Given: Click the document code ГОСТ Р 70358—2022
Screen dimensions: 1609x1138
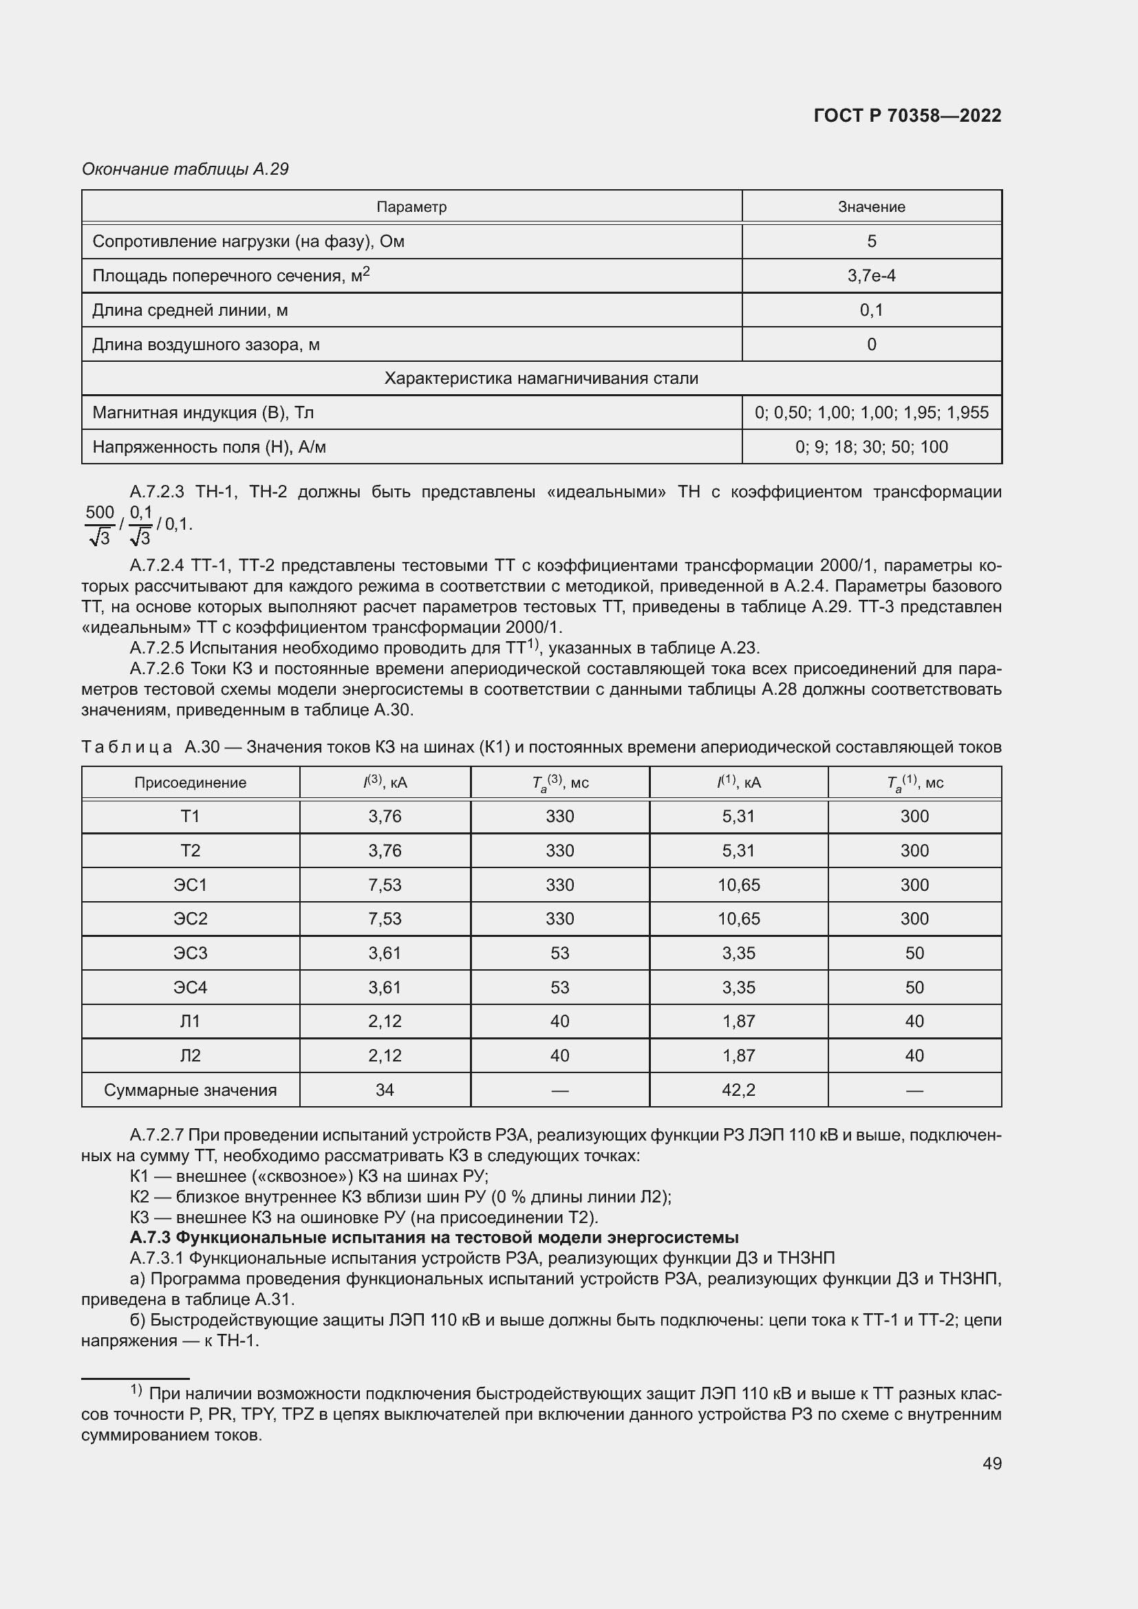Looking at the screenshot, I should pyautogui.click(x=907, y=116).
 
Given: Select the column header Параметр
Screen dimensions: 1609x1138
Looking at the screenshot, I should pyautogui.click(x=411, y=207).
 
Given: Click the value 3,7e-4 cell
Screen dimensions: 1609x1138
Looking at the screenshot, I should pyautogui.click(x=871, y=275).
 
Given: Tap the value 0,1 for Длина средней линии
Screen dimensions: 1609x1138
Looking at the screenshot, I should pyautogui.click(x=871, y=310).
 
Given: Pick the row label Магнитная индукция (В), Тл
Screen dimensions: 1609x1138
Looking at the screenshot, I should pyautogui.click(x=203, y=412).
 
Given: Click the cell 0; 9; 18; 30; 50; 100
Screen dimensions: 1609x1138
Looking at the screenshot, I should pyautogui.click(x=871, y=446).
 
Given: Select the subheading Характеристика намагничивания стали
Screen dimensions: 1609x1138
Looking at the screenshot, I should pyautogui.click(x=541, y=378).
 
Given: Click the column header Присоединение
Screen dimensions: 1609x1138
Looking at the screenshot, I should pyautogui.click(x=190, y=783).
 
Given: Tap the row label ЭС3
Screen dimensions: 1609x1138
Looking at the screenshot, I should pyautogui.click(x=190, y=953).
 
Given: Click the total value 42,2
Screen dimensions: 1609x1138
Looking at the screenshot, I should pyautogui.click(x=738, y=1090).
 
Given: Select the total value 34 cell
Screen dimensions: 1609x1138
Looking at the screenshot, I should pyautogui.click(x=385, y=1090).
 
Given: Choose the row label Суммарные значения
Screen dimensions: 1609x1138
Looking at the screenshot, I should pyautogui.click(x=190, y=1090).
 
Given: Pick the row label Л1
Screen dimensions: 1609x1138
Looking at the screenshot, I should pyautogui.click(x=190, y=1021).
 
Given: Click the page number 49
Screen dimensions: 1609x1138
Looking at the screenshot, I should pyautogui.click(x=991, y=1463).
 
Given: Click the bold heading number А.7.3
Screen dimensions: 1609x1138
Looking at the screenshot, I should pyautogui.click(x=150, y=1238).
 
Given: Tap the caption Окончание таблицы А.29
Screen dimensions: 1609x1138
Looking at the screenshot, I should pyautogui.click(x=185, y=169).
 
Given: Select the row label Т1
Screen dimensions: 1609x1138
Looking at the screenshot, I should pyautogui.click(x=190, y=817).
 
